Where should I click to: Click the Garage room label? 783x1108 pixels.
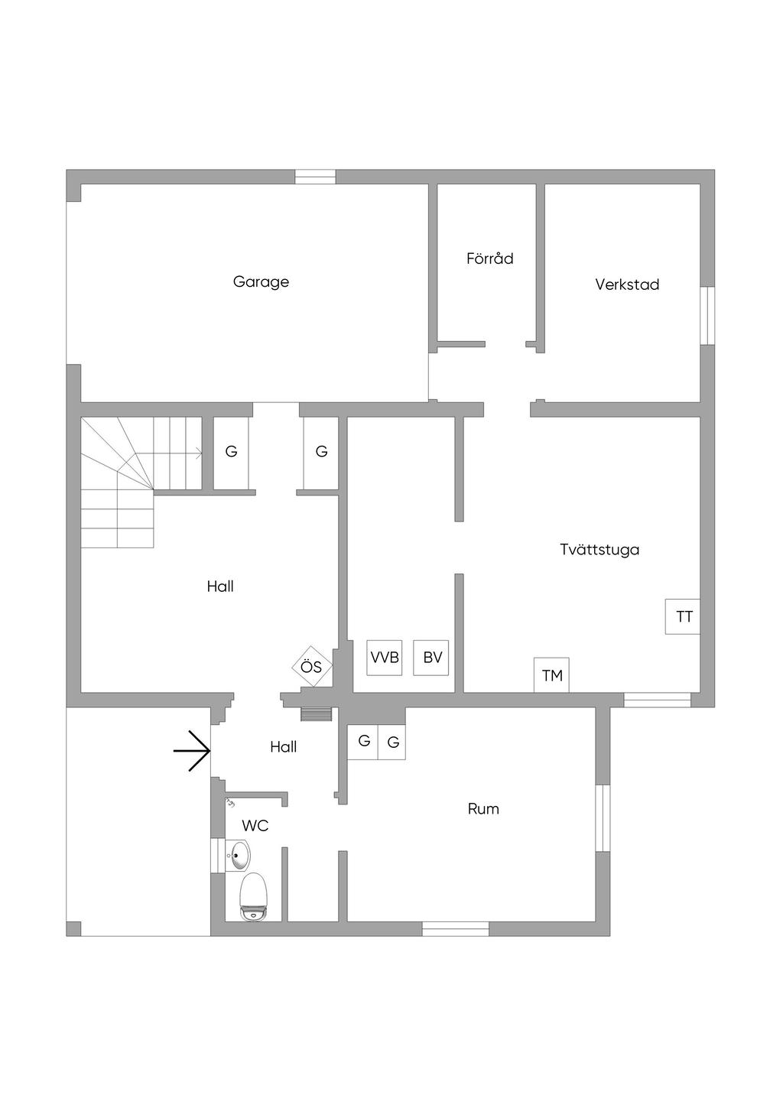(261, 282)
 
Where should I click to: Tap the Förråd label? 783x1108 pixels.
(489, 258)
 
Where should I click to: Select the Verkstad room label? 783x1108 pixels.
(627, 284)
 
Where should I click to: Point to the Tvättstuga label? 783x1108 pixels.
(599, 550)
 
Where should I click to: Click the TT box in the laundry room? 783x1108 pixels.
(683, 616)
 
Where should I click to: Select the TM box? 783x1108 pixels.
(551, 674)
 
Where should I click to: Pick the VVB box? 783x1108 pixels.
(385, 658)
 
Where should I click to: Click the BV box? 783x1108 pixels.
(431, 658)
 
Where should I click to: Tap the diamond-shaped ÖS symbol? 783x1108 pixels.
(312, 666)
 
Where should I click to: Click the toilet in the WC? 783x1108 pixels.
(253, 897)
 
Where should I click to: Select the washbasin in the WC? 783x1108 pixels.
(238, 855)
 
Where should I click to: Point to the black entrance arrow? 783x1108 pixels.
(192, 752)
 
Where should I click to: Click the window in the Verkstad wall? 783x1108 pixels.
(707, 316)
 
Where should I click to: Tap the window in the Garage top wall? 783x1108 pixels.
(315, 177)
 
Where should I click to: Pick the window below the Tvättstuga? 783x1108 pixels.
(657, 700)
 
